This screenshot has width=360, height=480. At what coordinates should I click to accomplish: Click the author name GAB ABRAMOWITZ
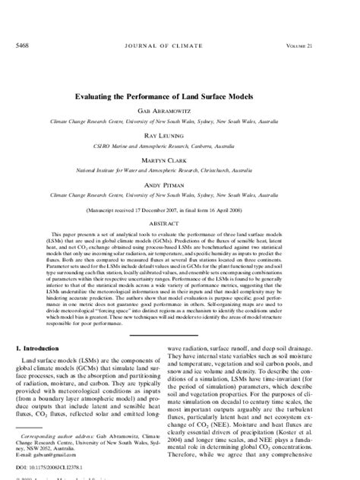179,110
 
